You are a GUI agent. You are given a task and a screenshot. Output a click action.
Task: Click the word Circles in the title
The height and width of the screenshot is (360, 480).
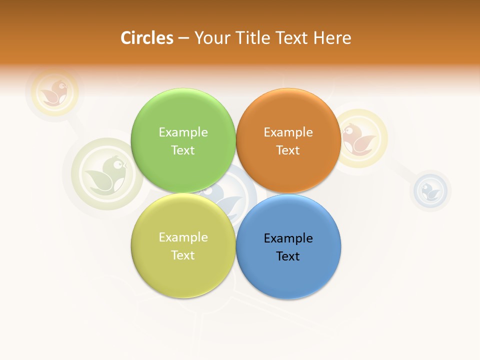[x=146, y=38]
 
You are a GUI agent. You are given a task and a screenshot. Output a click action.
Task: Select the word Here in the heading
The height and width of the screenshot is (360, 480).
[x=332, y=38]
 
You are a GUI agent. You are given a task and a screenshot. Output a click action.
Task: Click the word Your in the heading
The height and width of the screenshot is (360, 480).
[x=210, y=38]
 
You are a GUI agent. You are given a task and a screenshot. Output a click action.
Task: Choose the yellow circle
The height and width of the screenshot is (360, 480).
[x=183, y=275]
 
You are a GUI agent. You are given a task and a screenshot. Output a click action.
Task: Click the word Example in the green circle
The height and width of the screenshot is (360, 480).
[x=183, y=132]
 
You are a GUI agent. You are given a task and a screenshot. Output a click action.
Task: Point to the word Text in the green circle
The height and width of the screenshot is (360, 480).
[x=183, y=150]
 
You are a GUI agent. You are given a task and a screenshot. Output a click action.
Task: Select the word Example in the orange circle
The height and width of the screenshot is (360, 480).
[x=288, y=132]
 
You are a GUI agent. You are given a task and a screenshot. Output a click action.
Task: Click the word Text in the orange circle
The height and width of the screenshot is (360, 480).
[x=288, y=150]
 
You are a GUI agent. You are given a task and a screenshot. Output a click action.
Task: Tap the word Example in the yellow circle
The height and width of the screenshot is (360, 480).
[x=183, y=237]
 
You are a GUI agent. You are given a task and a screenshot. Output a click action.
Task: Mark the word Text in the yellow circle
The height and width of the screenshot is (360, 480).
[x=183, y=255]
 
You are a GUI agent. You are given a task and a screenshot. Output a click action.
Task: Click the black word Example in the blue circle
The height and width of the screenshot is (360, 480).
[x=288, y=238]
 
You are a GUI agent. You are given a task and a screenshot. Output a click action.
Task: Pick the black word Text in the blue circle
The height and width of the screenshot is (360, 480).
[x=288, y=256]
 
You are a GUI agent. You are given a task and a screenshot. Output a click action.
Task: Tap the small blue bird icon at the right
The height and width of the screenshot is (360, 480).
[x=430, y=190]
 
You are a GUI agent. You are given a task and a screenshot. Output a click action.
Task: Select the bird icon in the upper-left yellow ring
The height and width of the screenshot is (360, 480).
[x=55, y=92]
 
